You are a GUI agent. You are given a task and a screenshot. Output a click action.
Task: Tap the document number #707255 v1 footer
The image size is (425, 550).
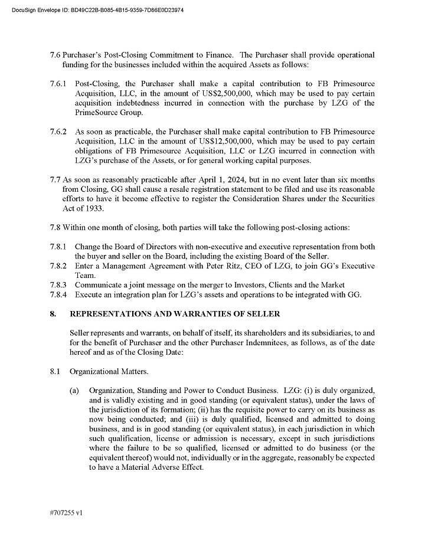coord(66,513)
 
